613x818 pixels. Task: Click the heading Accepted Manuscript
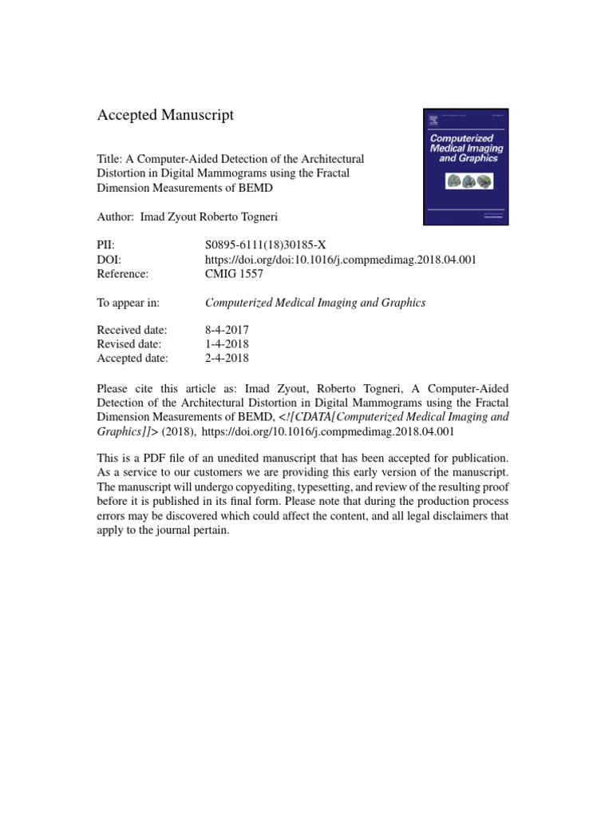coord(165,115)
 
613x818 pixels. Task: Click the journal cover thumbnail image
coord(465,166)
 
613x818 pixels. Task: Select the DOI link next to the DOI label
coord(341,260)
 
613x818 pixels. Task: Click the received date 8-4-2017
coord(227,330)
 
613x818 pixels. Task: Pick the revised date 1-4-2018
coord(227,344)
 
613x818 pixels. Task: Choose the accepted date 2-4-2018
coord(227,359)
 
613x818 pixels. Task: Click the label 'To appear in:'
coord(129,303)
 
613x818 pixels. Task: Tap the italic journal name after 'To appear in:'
coord(315,303)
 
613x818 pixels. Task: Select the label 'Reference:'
coord(123,274)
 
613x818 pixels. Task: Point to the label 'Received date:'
coord(132,330)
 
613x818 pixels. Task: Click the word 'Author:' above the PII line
coord(116,216)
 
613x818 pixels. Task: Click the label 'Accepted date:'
coord(132,359)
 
